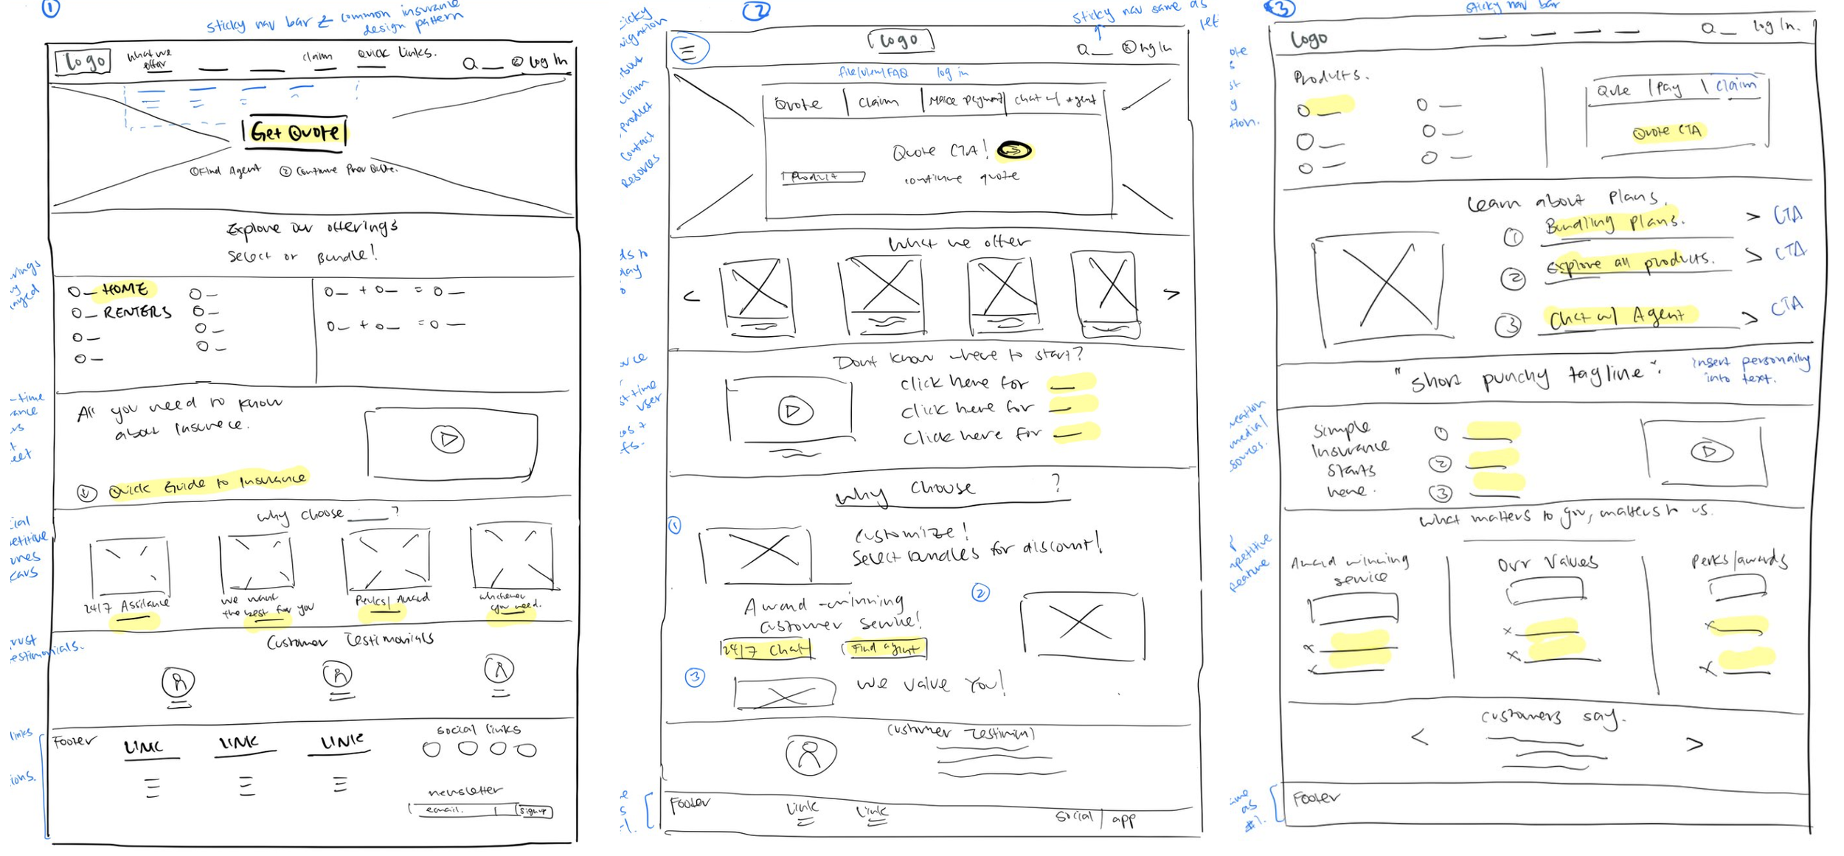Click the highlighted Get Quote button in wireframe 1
click(295, 133)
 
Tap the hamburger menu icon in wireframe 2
click(689, 49)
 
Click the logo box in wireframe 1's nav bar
click(83, 61)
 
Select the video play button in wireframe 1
click(448, 439)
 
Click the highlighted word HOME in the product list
click(125, 289)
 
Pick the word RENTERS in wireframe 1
click(137, 313)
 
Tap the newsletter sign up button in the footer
click(533, 811)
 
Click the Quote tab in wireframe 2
click(798, 104)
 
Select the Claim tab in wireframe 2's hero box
click(878, 101)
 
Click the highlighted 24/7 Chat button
click(766, 650)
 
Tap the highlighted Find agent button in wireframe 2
click(884, 649)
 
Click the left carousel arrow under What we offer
click(691, 296)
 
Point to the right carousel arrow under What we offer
click(1171, 293)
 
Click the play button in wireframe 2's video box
click(795, 411)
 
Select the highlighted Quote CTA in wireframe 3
click(1667, 132)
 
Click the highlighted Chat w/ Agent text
click(1617, 317)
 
